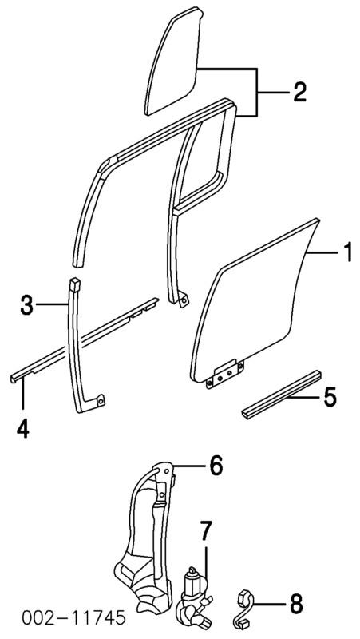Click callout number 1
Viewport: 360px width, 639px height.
(x=347, y=253)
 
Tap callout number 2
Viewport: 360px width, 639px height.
(x=299, y=93)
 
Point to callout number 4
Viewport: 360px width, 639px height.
(x=23, y=428)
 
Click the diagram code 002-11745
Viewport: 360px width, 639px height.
(x=73, y=617)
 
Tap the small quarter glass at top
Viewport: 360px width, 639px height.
(x=174, y=62)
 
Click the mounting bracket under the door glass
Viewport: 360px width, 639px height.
(x=225, y=374)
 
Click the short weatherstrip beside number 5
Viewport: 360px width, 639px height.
(x=282, y=394)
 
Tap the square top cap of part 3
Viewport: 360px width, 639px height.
(x=74, y=284)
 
